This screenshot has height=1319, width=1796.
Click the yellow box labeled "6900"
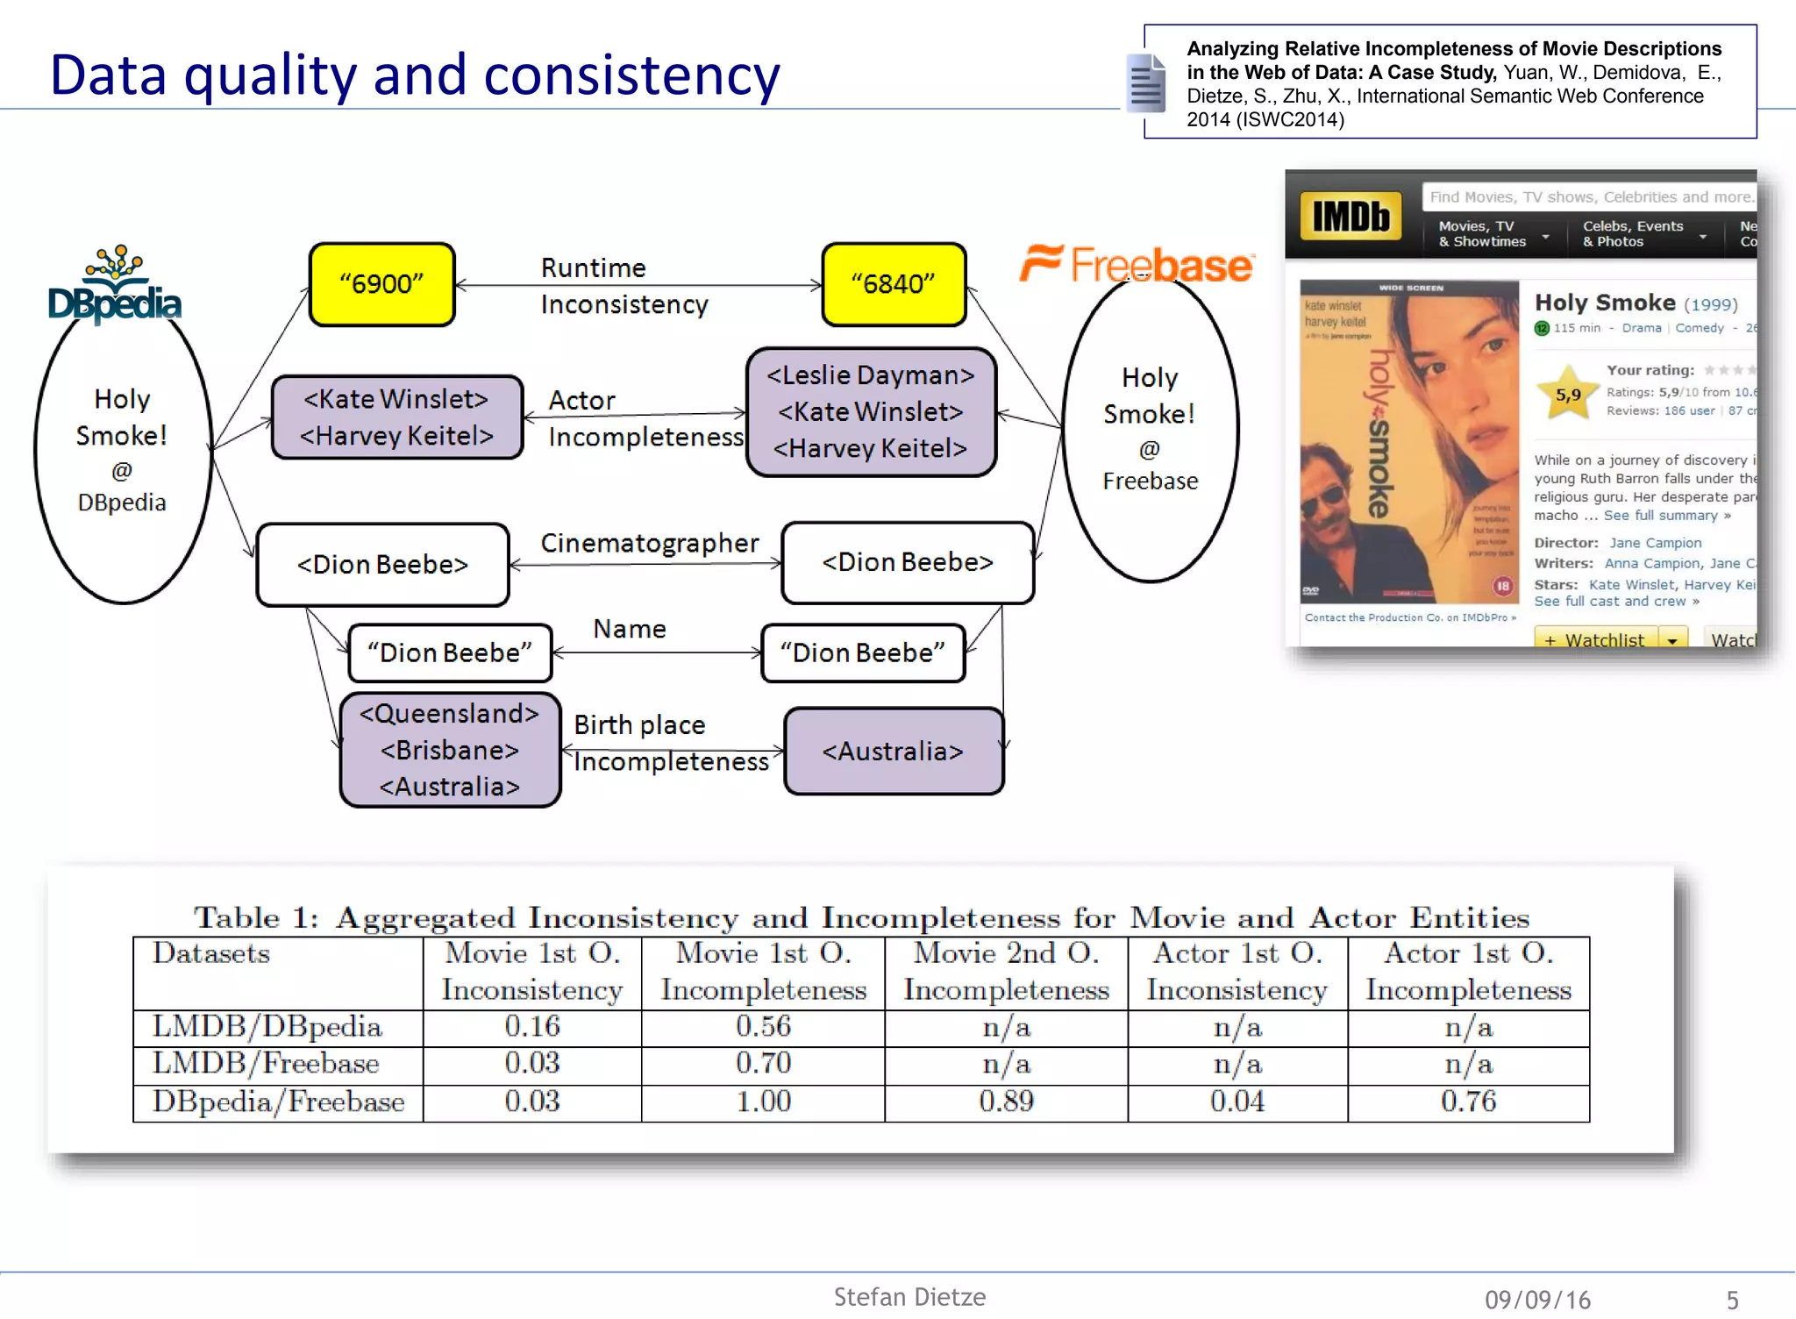381,284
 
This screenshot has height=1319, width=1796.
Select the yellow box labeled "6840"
894,284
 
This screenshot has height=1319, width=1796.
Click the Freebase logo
1137,264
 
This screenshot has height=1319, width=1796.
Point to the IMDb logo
1351,216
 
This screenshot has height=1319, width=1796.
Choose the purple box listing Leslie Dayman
871,411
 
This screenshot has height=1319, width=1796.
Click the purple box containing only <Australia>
894,752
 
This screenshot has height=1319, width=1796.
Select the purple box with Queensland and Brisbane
450,750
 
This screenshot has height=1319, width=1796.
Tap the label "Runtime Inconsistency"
623,286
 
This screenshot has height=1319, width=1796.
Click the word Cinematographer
649,543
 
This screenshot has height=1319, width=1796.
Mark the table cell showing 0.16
532,1027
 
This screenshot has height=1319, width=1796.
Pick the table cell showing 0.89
1007,1102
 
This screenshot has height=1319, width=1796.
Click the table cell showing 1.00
763,1102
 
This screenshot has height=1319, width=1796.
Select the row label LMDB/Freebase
267,1064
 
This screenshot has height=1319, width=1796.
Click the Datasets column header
211,953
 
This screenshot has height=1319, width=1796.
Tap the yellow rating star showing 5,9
1568,395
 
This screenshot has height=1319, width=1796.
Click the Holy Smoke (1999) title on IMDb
1635,303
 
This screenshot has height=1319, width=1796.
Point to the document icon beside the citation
1145,83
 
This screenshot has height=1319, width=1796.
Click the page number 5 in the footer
1732,1300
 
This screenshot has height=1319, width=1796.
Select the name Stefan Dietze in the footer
909,1297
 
